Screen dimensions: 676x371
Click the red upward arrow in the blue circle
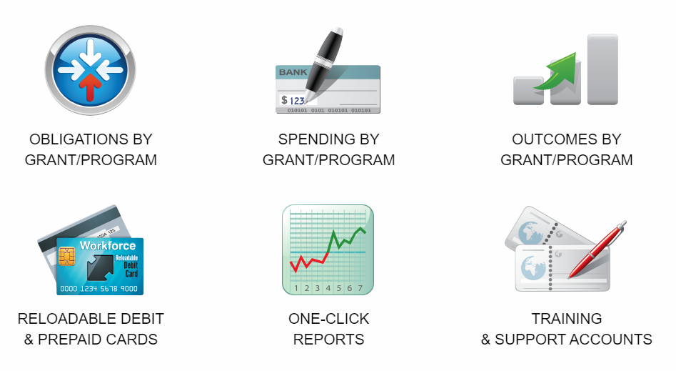[90, 87]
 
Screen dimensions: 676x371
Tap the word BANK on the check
[293, 72]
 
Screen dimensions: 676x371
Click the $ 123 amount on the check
[293, 100]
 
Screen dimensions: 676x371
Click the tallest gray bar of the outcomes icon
[602, 69]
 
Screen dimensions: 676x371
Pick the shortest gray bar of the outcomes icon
[528, 91]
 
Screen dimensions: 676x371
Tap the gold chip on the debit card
[66, 256]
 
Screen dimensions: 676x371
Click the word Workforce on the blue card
[108, 246]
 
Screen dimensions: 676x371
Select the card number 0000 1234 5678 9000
[99, 289]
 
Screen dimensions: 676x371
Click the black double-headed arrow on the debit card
[100, 267]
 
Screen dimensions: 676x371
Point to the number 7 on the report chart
[360, 288]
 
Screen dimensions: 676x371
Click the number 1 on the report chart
[296, 288]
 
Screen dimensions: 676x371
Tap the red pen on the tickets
[597, 249]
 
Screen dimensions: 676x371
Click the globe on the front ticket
[533, 268]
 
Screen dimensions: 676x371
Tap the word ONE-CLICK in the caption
[328, 319]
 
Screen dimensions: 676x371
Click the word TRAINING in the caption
[567, 319]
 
